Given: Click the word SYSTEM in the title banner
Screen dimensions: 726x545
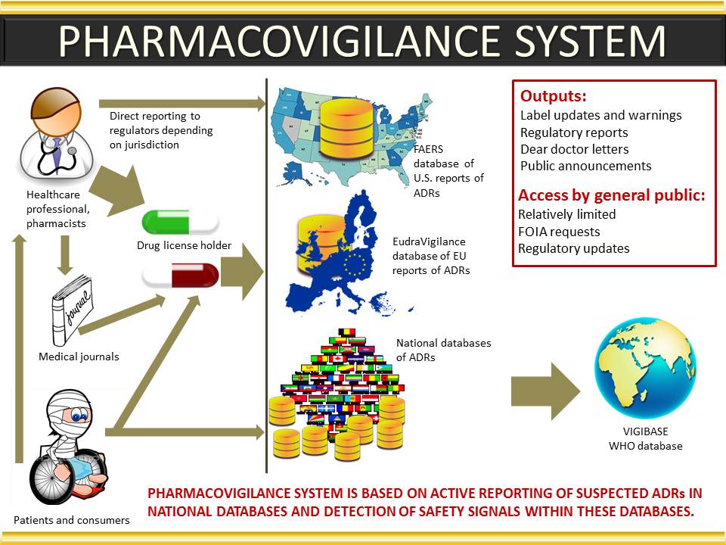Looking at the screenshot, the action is (x=590, y=41).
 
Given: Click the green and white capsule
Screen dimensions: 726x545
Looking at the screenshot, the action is (x=181, y=223).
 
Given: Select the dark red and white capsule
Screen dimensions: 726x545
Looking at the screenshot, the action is (x=181, y=276).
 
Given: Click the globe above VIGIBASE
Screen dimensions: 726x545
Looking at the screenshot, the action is (x=645, y=369).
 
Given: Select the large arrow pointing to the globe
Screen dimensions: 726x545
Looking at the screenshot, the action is (x=545, y=391).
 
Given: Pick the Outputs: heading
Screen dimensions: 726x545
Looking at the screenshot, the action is (x=554, y=96).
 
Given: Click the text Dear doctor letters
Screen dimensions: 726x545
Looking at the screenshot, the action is (x=575, y=149).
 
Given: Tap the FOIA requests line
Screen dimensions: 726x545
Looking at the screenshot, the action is (x=559, y=232).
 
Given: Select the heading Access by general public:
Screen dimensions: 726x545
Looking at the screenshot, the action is (x=612, y=195).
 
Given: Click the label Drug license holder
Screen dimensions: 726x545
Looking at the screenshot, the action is (x=185, y=245).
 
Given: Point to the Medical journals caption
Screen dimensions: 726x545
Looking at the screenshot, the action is (x=79, y=357).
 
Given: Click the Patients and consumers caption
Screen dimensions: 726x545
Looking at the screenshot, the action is (x=72, y=520).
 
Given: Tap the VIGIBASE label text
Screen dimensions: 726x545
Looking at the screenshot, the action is (x=645, y=431).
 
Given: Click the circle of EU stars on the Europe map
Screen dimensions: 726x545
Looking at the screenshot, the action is (x=355, y=264).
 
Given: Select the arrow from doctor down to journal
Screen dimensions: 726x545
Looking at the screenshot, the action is (x=65, y=255).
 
